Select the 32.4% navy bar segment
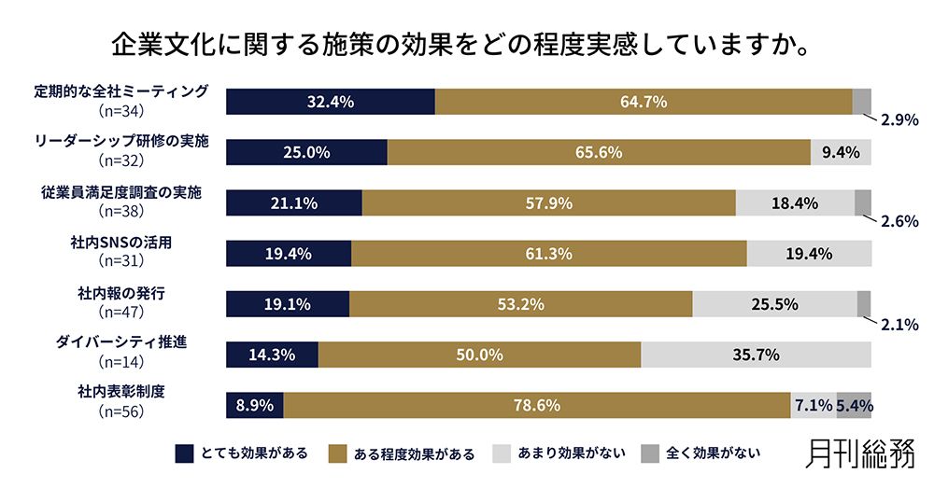[x=331, y=102]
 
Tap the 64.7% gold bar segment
[x=644, y=102]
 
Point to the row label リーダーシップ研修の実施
[x=120, y=142]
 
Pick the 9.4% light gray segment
[x=841, y=152]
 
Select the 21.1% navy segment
[x=294, y=202]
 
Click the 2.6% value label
[x=899, y=222]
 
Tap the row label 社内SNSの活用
[x=120, y=243]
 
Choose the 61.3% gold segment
[x=548, y=254]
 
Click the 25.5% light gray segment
[x=774, y=304]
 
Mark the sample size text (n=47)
[x=120, y=310]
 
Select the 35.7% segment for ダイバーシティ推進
[x=756, y=355]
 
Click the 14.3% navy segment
[x=273, y=355]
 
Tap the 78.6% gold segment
[x=537, y=405]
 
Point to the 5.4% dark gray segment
[x=854, y=405]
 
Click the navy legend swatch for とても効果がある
[x=185, y=454]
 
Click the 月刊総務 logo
[x=860, y=454]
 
